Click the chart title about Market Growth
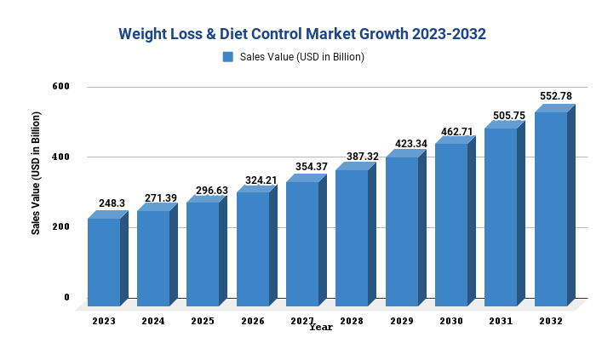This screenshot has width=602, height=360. click(302, 34)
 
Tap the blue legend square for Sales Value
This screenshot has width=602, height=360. click(227, 57)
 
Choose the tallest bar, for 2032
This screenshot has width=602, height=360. click(551, 209)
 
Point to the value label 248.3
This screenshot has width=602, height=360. click(112, 204)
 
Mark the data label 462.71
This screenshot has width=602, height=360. click(456, 132)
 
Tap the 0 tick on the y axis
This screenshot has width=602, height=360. click(66, 297)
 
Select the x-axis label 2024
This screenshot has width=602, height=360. click(153, 321)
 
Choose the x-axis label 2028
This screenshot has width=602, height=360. click(352, 321)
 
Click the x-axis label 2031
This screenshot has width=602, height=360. click(501, 321)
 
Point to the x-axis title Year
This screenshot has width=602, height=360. click(321, 327)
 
